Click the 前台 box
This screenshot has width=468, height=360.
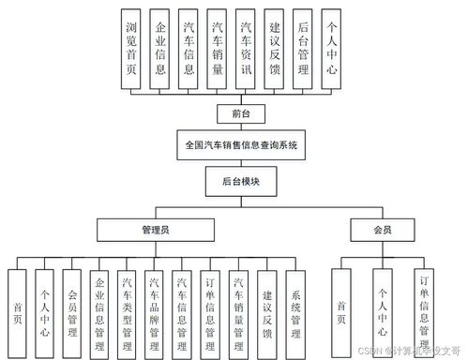click(241, 114)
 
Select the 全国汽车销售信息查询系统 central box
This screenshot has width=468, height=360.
click(241, 145)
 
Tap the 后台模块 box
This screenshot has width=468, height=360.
click(241, 180)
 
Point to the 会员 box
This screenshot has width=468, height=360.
click(382, 228)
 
